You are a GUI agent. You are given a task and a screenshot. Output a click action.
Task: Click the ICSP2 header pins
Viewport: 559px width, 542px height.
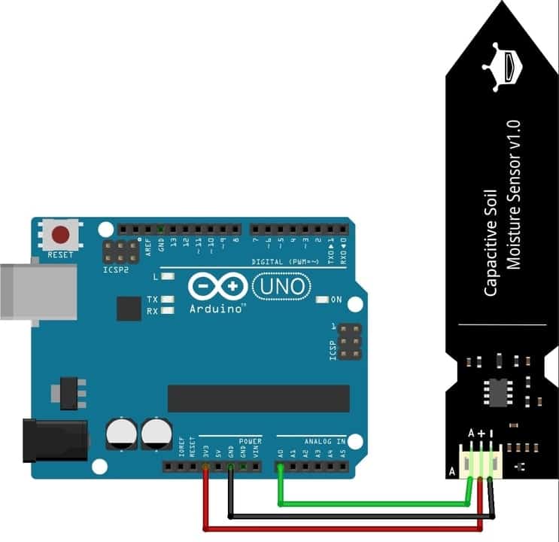121,251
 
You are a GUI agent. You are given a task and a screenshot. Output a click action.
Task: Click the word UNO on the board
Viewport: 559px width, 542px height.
280,285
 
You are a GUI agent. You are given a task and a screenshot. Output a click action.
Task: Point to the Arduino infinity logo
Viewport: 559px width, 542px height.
217,286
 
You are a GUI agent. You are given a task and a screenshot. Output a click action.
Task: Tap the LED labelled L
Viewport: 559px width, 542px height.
167,276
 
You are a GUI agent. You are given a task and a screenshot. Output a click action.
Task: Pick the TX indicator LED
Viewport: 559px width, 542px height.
167,299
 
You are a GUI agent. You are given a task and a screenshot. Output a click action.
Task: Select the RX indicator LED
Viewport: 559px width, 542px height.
167,310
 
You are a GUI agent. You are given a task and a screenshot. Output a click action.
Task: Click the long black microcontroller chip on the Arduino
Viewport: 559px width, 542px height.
258,398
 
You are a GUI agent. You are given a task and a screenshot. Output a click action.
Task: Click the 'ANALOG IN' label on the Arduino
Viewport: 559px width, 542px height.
325,441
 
